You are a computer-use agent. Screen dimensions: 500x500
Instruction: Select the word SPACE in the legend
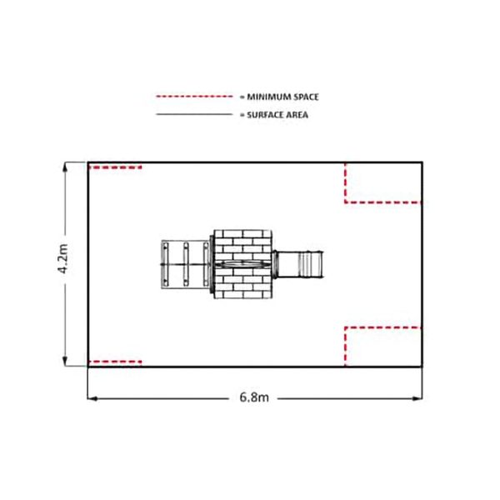(x=306, y=97)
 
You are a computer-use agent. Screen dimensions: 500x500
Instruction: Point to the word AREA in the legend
(x=297, y=115)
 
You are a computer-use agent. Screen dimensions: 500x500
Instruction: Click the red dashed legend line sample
(x=194, y=97)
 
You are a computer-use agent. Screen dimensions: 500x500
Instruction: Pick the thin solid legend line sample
(x=194, y=114)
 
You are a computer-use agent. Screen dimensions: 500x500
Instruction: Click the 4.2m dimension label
(x=62, y=258)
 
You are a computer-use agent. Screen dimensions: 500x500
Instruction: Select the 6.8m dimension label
(x=254, y=397)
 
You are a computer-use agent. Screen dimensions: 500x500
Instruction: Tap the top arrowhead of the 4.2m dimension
(x=65, y=167)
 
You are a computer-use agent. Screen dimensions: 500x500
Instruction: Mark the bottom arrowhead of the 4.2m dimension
(x=65, y=362)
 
